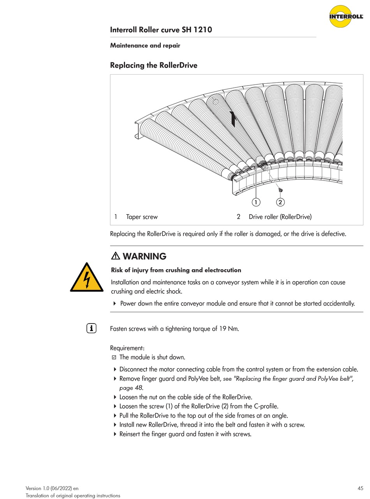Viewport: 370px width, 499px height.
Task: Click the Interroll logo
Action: point(346,16)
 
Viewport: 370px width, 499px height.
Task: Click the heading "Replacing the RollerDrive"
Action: point(153,65)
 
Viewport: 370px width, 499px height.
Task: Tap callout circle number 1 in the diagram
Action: point(256,202)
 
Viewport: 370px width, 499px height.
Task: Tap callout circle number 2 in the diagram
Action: point(280,202)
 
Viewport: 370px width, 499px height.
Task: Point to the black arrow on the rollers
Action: point(233,119)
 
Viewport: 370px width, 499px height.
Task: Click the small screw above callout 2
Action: point(280,190)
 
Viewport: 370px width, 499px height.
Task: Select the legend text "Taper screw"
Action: point(142,217)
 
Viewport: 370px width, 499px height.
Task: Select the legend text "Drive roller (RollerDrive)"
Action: point(280,217)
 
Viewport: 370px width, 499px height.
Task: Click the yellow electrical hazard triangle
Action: point(86,278)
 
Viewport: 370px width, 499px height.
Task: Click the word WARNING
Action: point(144,257)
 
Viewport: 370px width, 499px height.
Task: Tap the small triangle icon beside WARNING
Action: point(116,256)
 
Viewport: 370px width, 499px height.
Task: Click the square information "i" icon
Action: point(91,328)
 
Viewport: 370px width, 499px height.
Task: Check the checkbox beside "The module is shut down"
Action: point(114,357)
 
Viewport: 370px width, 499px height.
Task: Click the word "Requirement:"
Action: point(127,348)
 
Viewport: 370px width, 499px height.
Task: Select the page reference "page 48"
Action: point(131,388)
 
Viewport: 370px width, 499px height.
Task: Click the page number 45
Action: point(360,488)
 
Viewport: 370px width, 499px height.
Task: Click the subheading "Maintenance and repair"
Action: point(145,46)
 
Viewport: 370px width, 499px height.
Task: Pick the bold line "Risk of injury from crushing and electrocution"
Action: point(176,270)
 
